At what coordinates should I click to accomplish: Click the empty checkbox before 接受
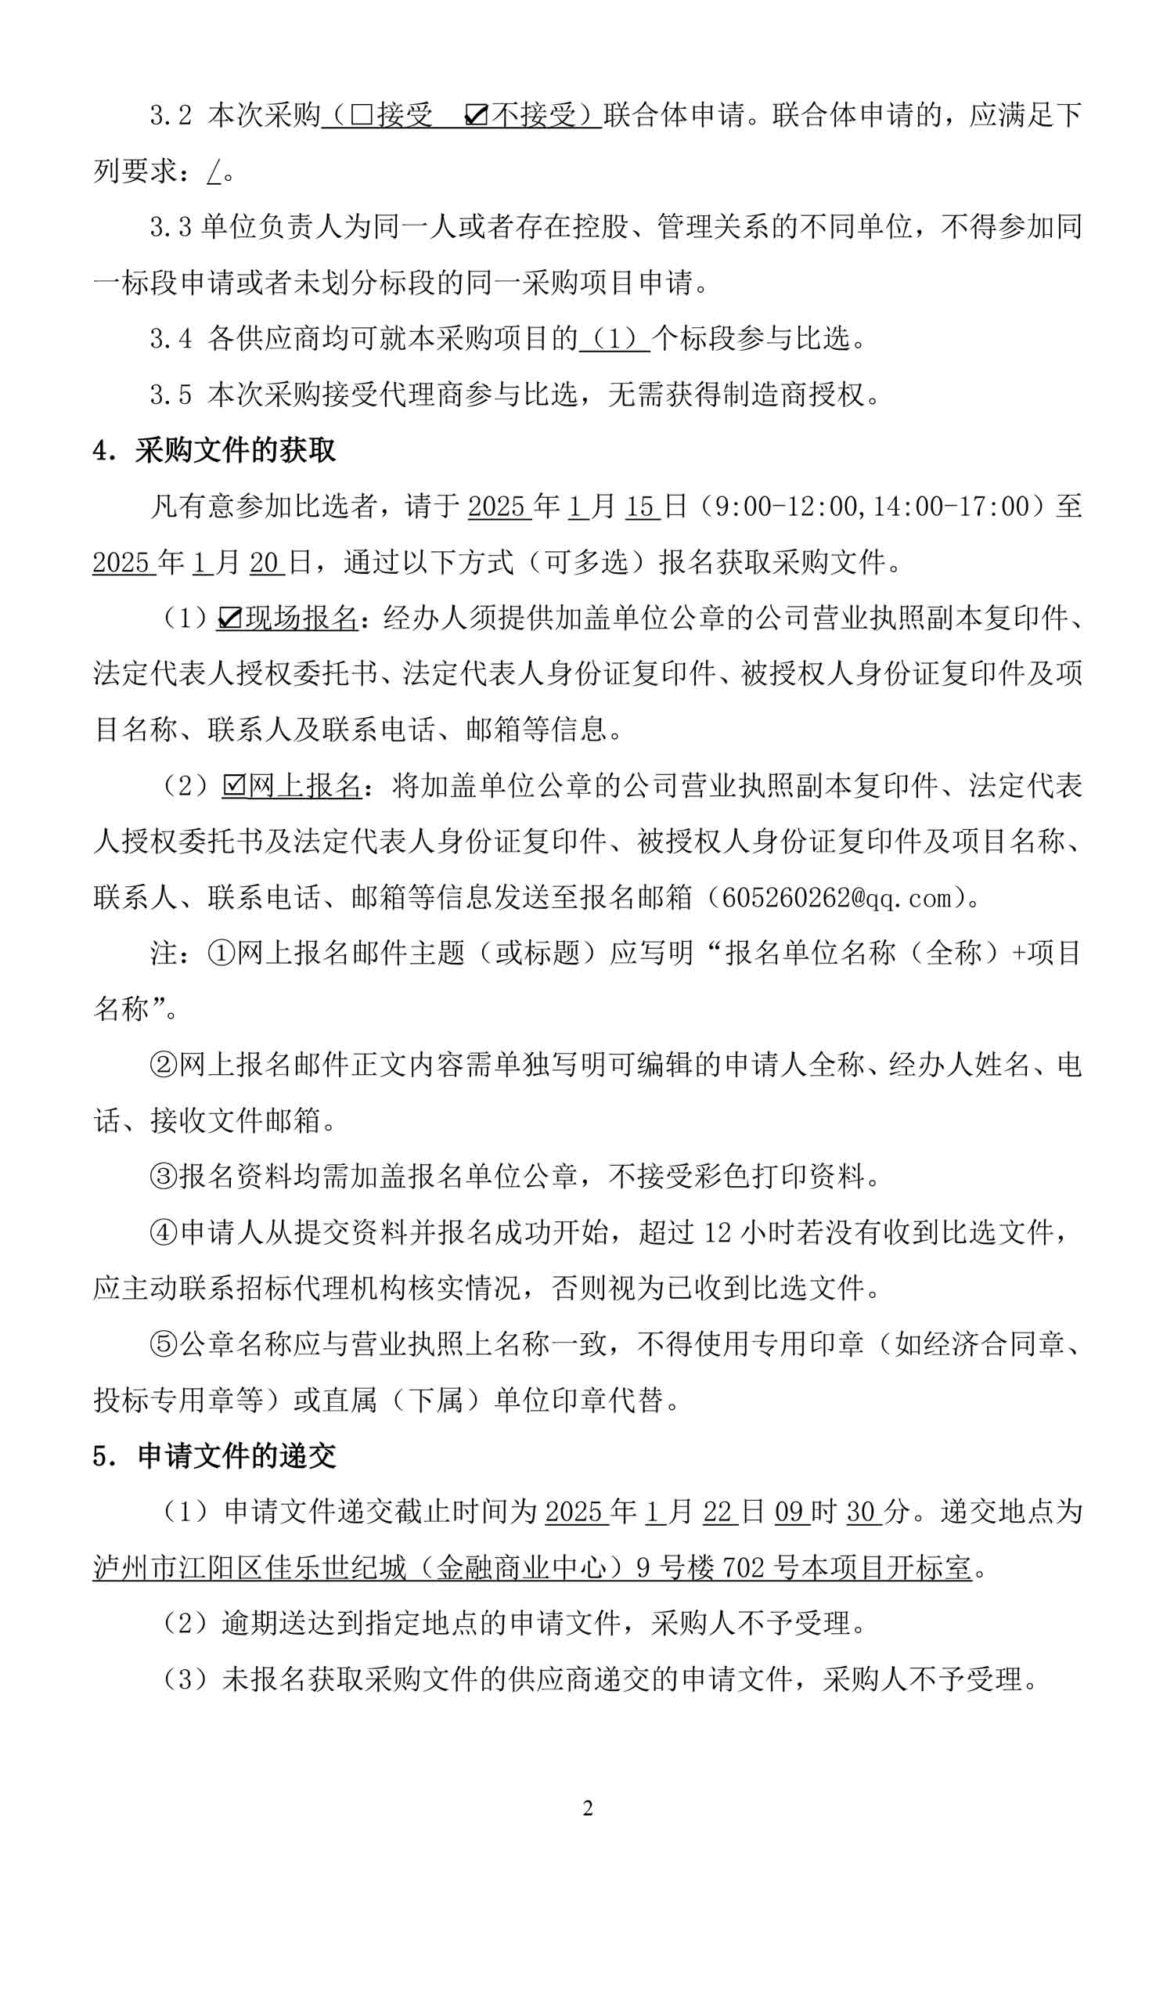(x=362, y=117)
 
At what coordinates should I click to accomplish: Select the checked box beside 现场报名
(x=229, y=618)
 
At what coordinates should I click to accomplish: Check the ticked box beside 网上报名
(x=234, y=785)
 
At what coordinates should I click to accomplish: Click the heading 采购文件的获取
(x=235, y=450)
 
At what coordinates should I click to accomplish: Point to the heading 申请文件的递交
(x=236, y=1455)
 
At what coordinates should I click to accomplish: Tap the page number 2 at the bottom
(x=587, y=1808)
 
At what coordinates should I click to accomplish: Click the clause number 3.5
(x=171, y=395)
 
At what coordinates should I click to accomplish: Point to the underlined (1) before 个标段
(x=614, y=340)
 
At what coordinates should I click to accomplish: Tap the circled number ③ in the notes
(x=164, y=1176)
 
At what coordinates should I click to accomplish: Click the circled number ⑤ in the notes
(x=164, y=1343)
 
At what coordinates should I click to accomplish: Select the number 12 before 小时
(x=718, y=1232)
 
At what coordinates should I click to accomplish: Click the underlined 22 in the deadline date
(x=718, y=1511)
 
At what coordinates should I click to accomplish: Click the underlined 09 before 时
(x=789, y=1511)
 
